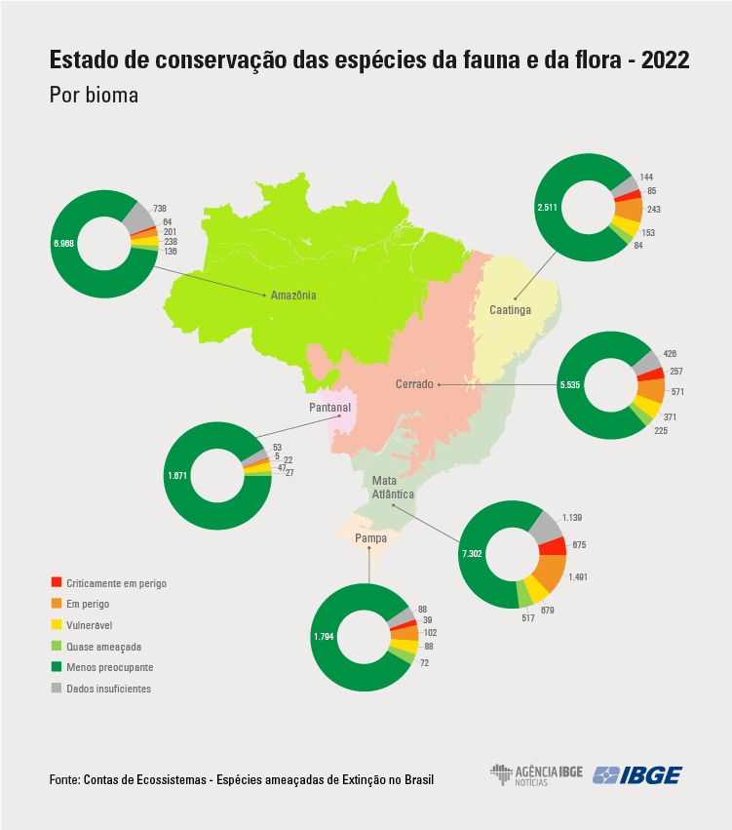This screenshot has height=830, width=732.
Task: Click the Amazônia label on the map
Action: (293, 296)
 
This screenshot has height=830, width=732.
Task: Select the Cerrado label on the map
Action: (415, 384)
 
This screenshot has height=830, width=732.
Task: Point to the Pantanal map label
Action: (329, 408)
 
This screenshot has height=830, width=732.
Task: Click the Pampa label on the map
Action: (369, 538)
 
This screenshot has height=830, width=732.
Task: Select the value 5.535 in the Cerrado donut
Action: (569, 385)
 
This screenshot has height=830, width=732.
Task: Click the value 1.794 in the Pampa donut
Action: (325, 637)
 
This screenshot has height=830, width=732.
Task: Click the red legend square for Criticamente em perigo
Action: (55, 583)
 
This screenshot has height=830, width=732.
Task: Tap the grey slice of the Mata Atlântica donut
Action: (547, 526)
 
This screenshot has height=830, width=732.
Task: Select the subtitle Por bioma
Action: (94, 96)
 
